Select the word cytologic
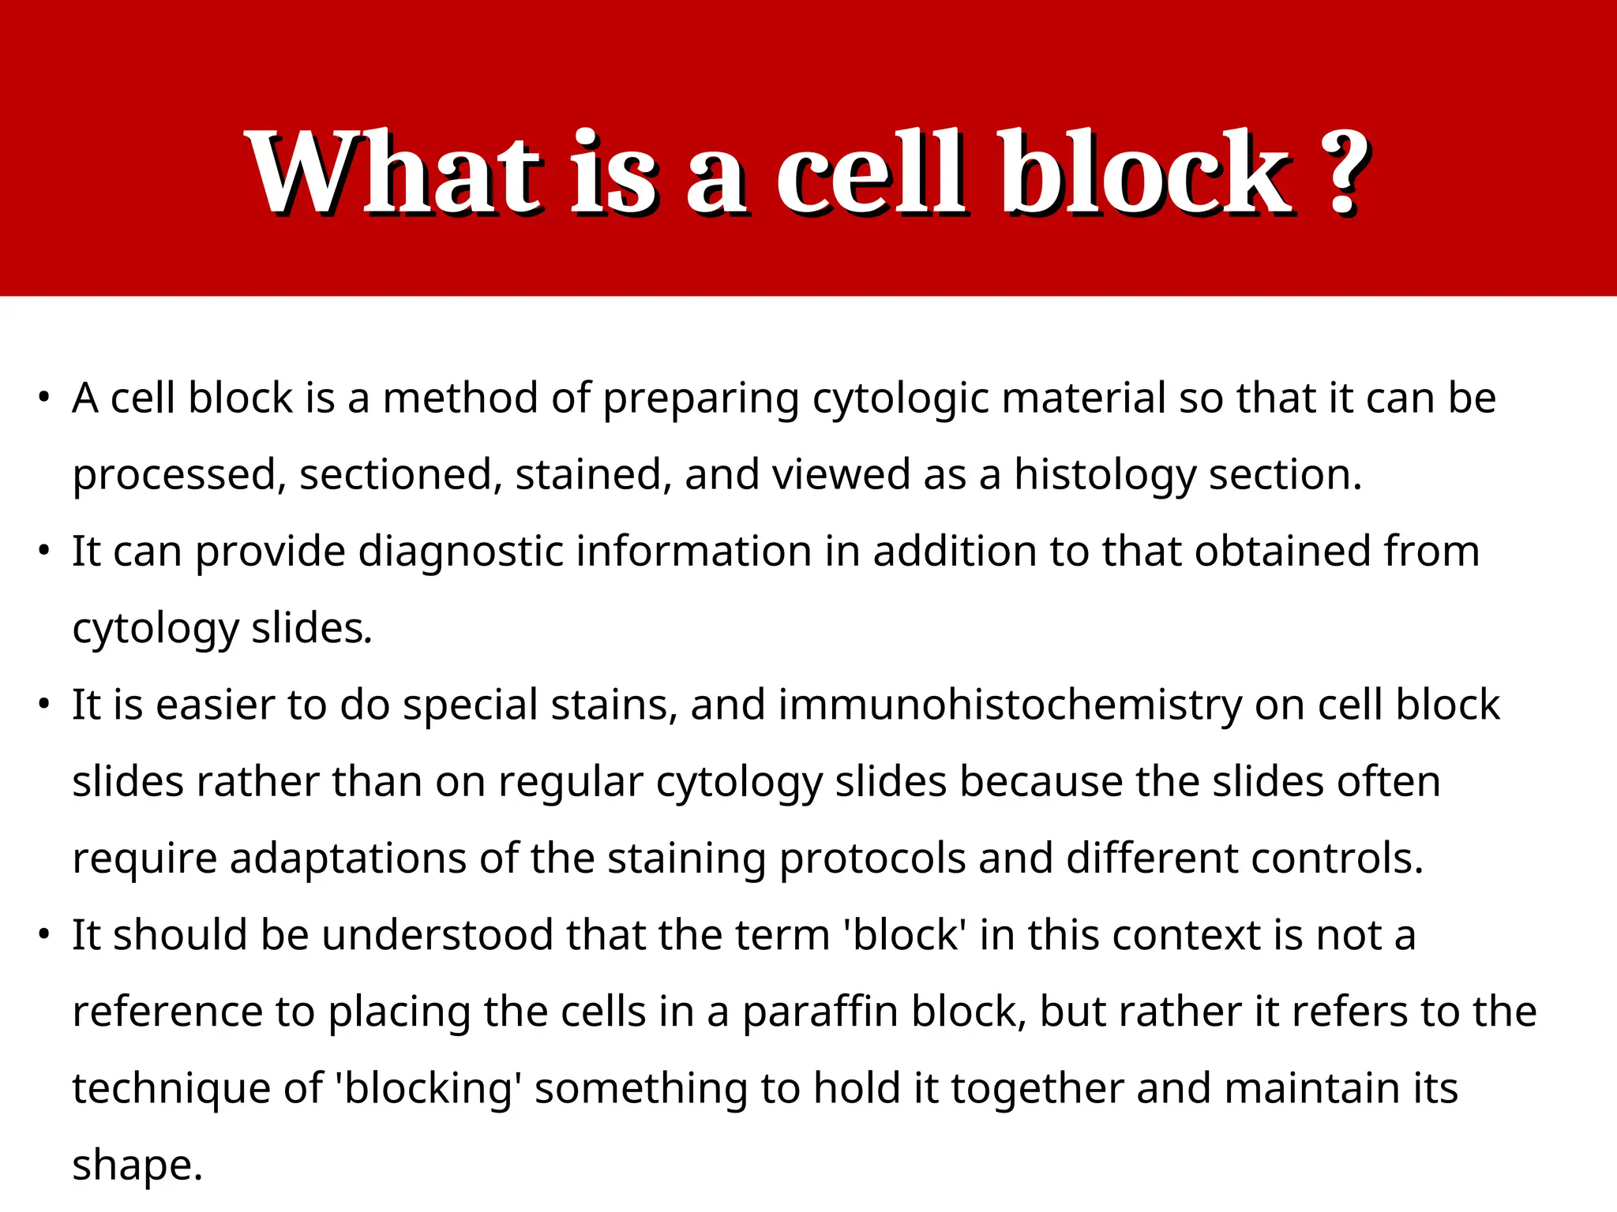[900, 399]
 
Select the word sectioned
[400, 475]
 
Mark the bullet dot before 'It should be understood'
[44, 934]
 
